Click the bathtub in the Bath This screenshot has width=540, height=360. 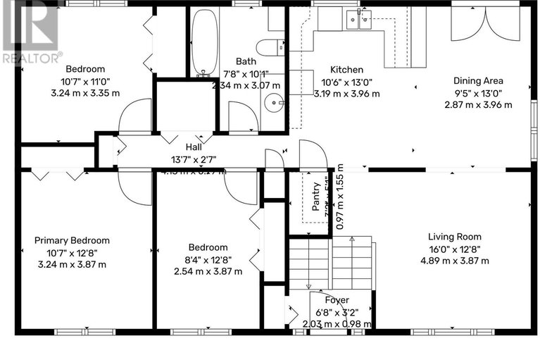tap(205, 42)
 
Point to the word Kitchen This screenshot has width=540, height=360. tap(347, 70)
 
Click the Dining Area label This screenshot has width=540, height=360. tap(478, 81)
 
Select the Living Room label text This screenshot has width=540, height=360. tap(455, 237)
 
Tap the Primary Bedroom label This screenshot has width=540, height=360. tap(72, 241)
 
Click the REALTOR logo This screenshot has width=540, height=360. tap(30, 32)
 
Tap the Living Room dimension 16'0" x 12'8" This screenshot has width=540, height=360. tap(455, 249)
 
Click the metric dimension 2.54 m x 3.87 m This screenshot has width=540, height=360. tap(208, 271)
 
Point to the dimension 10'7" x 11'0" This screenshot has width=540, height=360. tap(85, 81)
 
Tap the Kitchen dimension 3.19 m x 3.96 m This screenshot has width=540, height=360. tap(347, 93)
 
